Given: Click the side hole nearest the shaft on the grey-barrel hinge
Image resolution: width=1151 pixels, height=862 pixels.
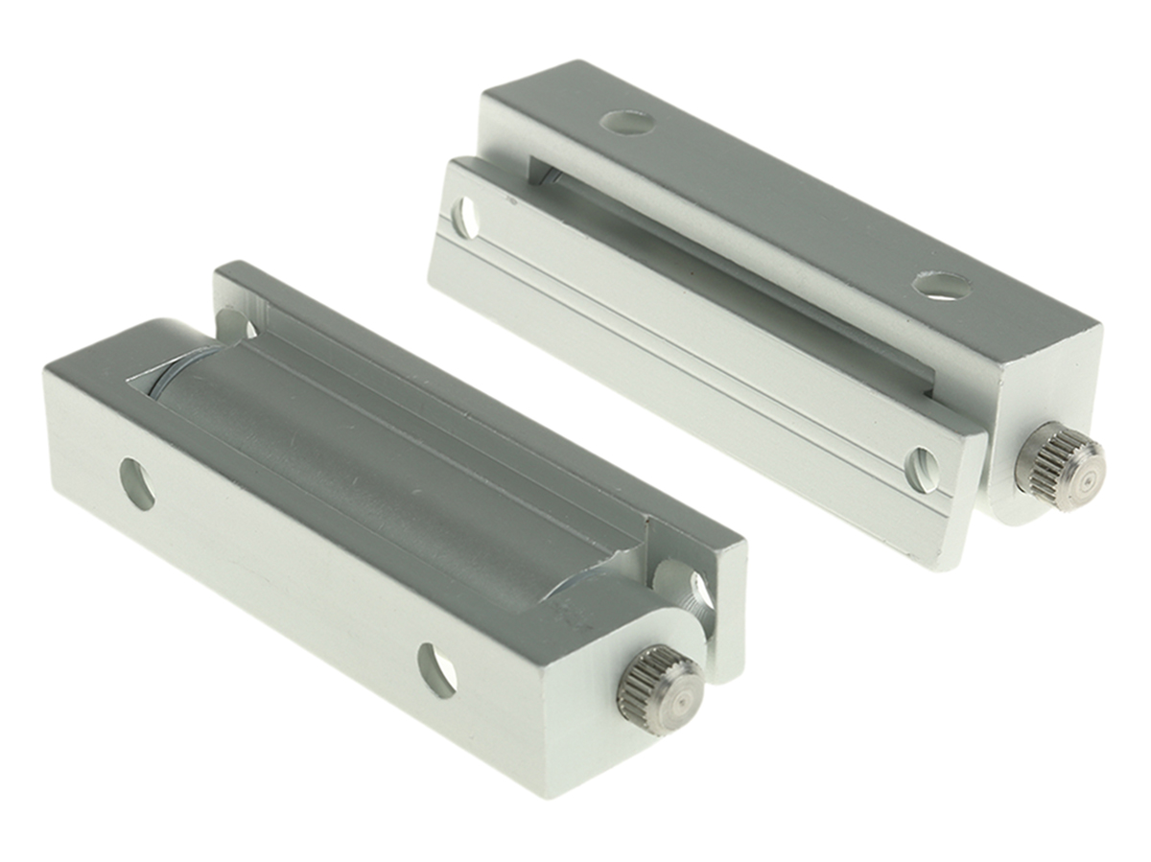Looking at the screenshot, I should (436, 669).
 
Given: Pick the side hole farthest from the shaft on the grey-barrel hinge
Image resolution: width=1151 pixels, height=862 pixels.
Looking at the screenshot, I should (137, 483).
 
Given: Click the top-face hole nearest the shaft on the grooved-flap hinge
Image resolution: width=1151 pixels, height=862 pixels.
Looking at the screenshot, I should (941, 285).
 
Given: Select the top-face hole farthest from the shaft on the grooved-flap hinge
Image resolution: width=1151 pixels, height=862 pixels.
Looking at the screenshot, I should (627, 122).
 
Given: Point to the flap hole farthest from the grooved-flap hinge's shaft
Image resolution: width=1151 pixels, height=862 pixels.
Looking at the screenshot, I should (465, 217).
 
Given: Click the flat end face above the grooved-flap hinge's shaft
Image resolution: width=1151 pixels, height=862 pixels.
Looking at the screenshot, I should (1045, 384).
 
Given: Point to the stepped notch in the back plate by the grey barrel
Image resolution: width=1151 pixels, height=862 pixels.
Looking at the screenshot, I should (662, 537).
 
